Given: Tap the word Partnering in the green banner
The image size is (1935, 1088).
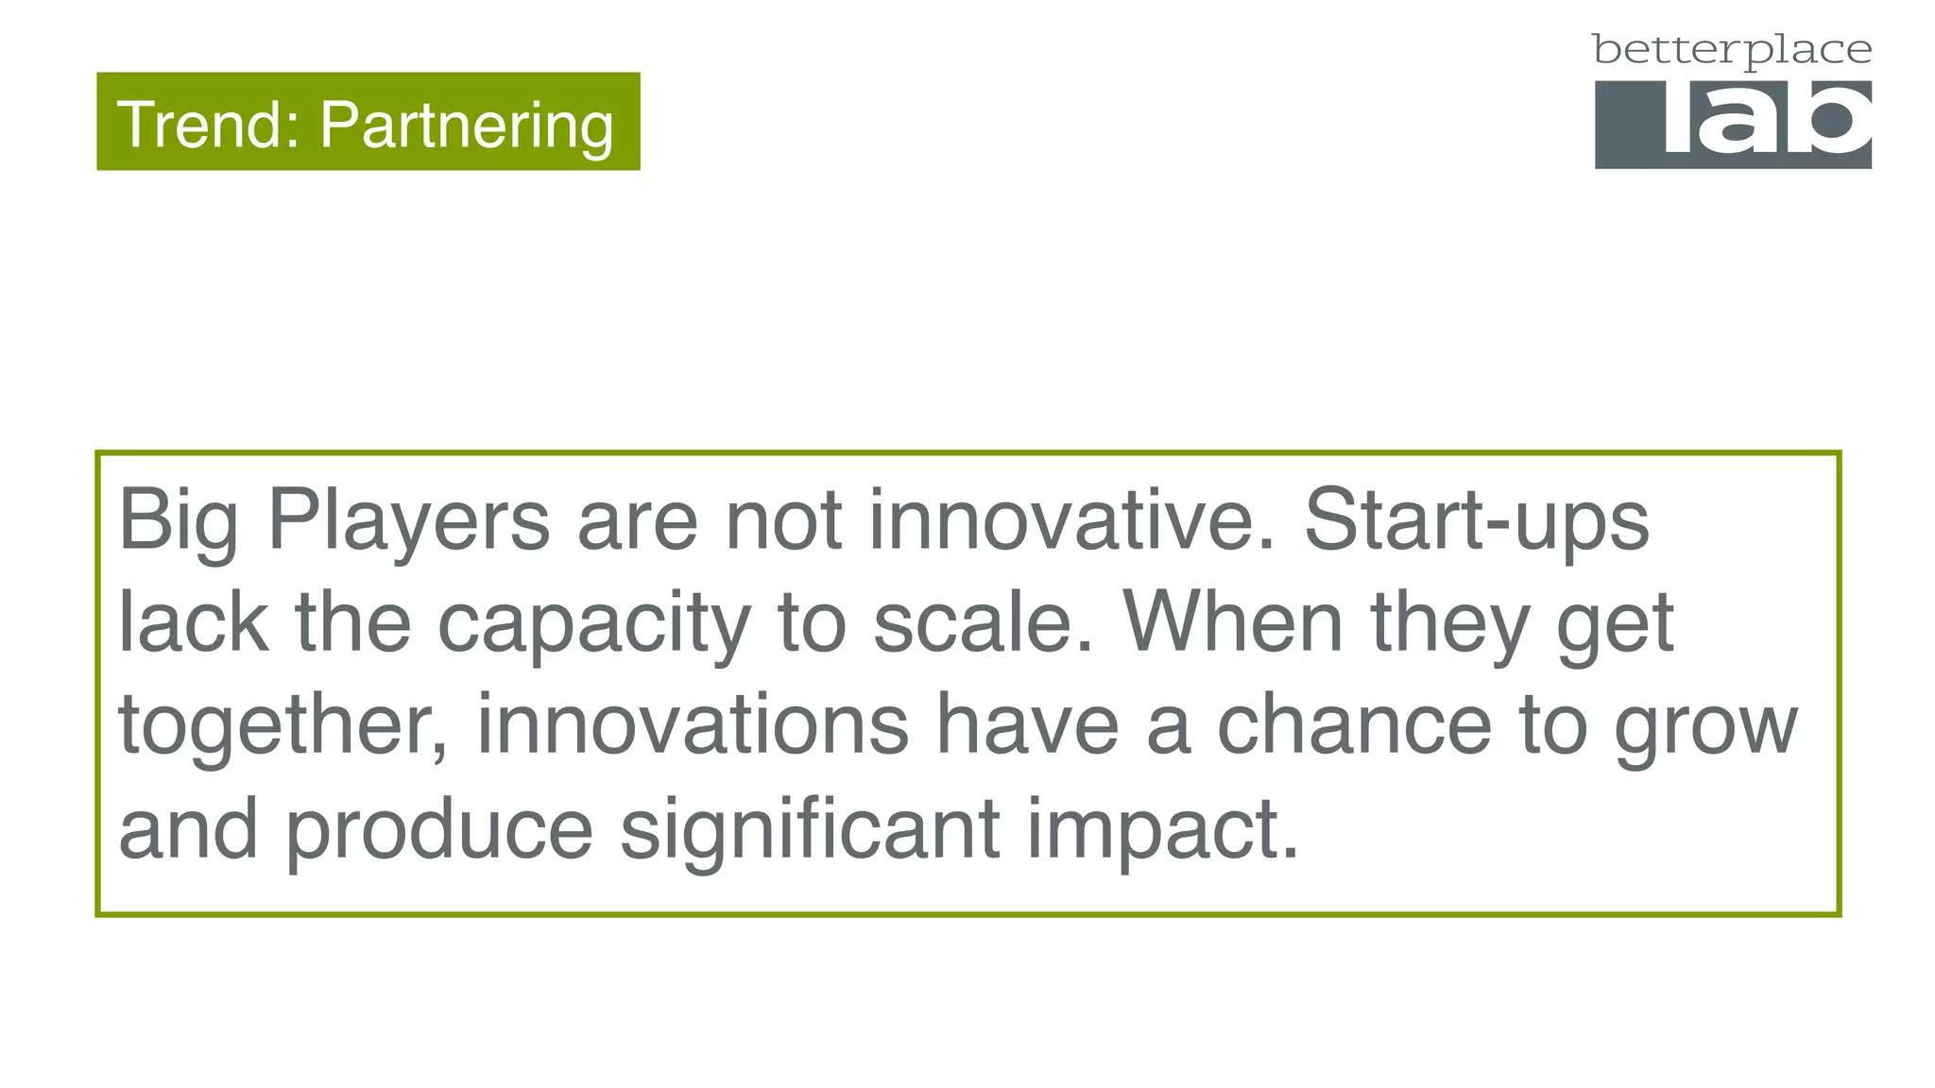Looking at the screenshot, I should (x=467, y=125).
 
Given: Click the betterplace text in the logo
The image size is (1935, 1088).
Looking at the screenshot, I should (x=1732, y=50).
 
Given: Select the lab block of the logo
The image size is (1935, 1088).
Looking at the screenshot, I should (x=1733, y=124).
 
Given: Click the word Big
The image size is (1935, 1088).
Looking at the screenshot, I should (x=178, y=521).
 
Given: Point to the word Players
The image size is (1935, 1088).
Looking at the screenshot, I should (x=409, y=521).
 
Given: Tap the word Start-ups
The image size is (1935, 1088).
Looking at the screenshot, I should (x=1477, y=521).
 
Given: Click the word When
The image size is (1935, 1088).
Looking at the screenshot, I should (x=1232, y=623).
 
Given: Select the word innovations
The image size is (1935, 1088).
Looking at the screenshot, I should (x=693, y=725).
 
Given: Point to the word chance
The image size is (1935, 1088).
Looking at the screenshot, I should (x=1354, y=725).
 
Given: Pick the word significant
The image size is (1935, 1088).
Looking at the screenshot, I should (x=810, y=829).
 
